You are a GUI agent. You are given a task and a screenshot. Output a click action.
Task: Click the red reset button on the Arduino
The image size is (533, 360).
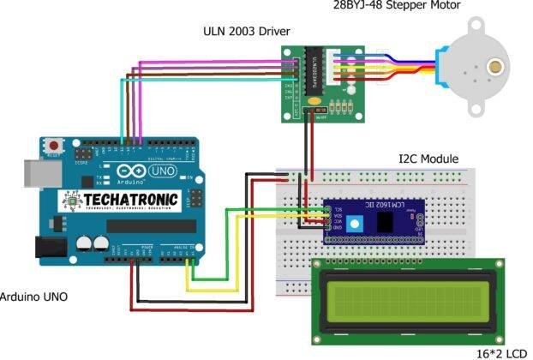56,144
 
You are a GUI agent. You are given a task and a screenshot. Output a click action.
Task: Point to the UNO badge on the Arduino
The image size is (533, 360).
162,171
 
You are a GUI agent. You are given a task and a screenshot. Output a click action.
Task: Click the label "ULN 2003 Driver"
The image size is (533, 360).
245,32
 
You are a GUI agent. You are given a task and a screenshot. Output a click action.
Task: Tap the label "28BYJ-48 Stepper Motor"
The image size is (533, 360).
396,6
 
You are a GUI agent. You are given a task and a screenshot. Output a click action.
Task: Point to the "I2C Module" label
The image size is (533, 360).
428,159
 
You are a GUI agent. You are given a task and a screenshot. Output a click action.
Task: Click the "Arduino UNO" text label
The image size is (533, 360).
33,297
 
